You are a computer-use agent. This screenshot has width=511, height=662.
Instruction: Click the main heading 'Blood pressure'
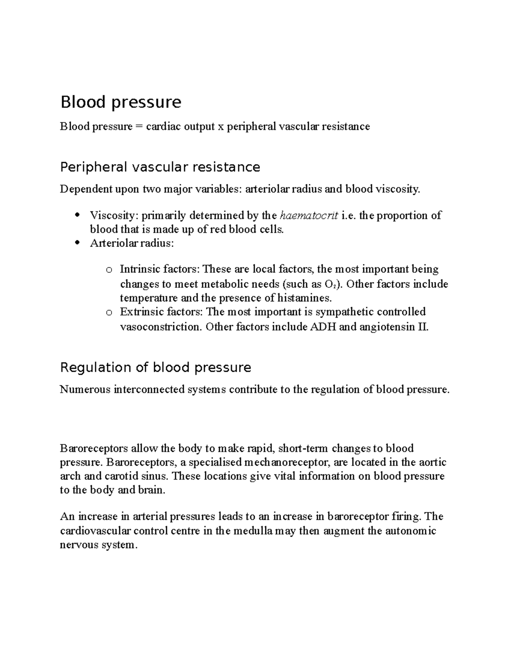point(121,102)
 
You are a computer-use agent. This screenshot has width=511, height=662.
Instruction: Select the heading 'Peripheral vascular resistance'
point(160,167)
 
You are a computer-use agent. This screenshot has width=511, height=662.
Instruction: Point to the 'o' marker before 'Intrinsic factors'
point(109,270)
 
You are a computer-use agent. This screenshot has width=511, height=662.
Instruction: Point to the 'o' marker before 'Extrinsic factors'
point(109,312)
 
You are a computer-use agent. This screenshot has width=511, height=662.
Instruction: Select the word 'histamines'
point(304,298)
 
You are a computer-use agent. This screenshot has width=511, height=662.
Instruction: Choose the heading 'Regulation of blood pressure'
point(155,367)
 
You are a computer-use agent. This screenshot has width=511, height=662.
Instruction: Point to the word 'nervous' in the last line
point(77,545)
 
